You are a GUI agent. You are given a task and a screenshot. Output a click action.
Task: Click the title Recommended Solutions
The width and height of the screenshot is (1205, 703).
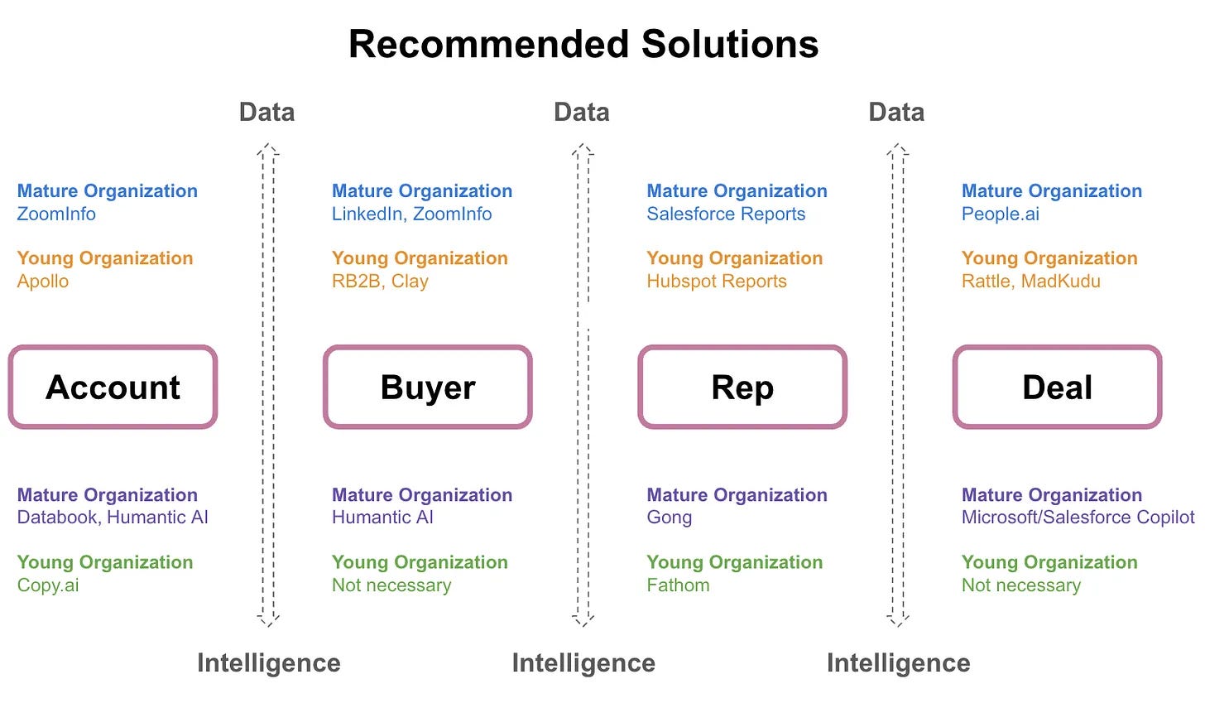coord(583,44)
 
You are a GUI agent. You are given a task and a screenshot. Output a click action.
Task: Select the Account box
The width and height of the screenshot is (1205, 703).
coord(113,387)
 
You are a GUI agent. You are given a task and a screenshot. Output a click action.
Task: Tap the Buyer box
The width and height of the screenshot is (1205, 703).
coord(427,387)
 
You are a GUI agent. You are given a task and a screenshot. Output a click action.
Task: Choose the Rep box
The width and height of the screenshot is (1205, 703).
coord(742,387)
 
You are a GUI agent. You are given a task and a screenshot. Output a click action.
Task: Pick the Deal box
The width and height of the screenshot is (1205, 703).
coord(1057,387)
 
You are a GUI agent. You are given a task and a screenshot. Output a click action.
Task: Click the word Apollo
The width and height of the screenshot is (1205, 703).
coord(43,281)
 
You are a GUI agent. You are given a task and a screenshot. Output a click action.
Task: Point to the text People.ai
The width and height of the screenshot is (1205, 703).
coord(1000,214)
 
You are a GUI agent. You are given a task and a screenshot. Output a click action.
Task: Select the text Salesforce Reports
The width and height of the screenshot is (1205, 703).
coord(726,214)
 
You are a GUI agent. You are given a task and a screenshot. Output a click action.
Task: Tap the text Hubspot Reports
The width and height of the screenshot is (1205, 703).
coord(717,281)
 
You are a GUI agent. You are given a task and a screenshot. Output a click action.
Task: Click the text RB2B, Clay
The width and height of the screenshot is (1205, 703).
coord(380,281)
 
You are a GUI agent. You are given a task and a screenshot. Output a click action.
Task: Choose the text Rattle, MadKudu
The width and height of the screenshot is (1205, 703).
coord(1030,281)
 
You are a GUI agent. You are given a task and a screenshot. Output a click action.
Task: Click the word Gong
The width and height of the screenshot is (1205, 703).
coord(669,518)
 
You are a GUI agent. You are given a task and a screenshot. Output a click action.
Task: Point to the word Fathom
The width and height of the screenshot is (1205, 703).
coord(678,585)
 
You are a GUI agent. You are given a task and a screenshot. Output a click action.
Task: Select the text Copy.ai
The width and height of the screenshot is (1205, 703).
coord(48,585)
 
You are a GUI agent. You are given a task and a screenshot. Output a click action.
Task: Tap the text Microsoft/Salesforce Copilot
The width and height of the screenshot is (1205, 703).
coord(1078,518)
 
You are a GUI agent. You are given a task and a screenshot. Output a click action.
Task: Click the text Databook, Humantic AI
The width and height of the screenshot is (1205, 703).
coord(113,518)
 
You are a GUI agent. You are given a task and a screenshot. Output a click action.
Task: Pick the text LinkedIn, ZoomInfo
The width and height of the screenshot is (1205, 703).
coord(411,214)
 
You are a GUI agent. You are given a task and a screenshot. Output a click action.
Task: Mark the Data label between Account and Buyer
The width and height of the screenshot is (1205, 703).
coord(266,112)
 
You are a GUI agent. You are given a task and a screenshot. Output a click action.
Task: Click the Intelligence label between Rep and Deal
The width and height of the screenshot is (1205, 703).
coord(898,662)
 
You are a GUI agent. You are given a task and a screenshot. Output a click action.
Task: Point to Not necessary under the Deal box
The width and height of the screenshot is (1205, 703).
coord(1020,585)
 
